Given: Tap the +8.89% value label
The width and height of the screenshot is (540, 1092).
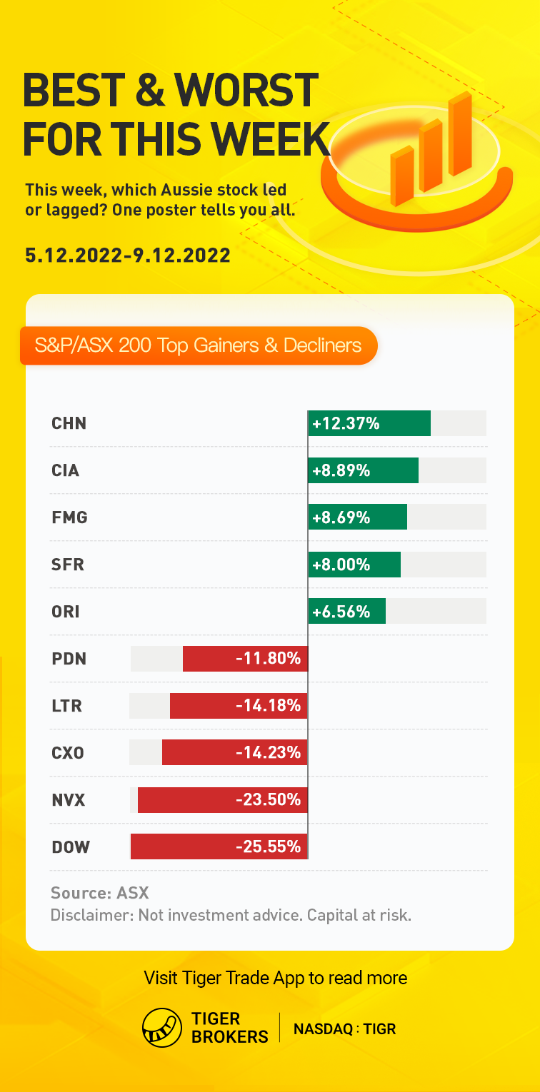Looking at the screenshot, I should tap(341, 470).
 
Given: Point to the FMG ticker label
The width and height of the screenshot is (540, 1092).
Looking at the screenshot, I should tap(69, 517).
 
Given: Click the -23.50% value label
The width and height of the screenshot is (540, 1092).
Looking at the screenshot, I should tap(268, 800).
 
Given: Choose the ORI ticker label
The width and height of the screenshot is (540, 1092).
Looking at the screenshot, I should tap(66, 612).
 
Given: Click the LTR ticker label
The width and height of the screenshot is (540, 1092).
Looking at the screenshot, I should tap(67, 706).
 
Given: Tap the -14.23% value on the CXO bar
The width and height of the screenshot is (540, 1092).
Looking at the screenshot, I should tap(268, 753).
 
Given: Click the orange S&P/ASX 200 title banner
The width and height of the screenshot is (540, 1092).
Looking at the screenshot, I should tap(199, 346).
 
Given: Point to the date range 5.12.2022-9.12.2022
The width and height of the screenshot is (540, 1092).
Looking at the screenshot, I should tap(128, 255).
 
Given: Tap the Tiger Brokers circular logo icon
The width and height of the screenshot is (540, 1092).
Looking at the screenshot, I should tap(162, 1028).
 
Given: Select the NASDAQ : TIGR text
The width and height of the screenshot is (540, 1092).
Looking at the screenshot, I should tap(345, 1028).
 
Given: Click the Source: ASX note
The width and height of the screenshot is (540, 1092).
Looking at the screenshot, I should tap(99, 893).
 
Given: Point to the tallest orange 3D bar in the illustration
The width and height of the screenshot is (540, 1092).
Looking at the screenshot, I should tap(460, 134).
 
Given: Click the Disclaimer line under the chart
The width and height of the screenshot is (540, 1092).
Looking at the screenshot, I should tap(231, 915).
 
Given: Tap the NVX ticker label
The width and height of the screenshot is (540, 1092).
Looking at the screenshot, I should tap(69, 800).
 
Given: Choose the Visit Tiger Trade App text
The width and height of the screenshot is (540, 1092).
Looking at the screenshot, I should tap(276, 977).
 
